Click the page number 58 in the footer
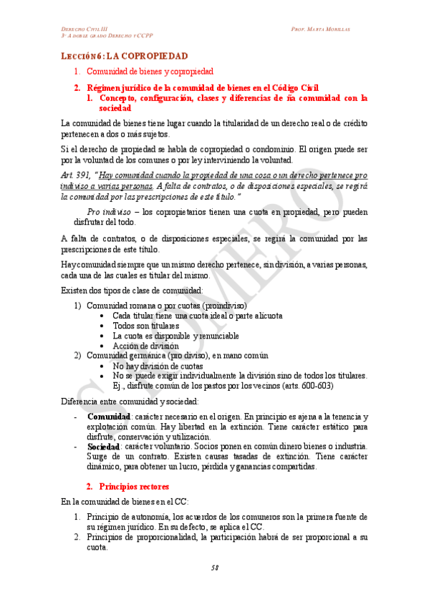[214, 568]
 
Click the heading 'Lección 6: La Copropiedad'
[124, 56]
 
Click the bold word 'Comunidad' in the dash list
[108, 417]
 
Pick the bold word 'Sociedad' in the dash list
[103, 447]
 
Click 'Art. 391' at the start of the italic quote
[74, 175]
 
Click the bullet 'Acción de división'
[145, 346]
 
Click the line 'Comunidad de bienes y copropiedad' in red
[150, 72]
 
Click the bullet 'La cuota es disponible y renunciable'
[175, 336]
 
